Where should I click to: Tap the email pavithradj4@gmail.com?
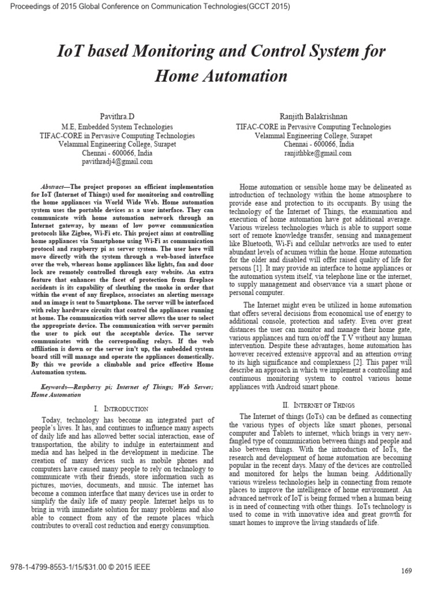tap(121, 162)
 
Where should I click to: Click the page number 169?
tap(406, 570)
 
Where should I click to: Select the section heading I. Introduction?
tap(121, 408)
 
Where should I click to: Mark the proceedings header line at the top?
tap(145, 6)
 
